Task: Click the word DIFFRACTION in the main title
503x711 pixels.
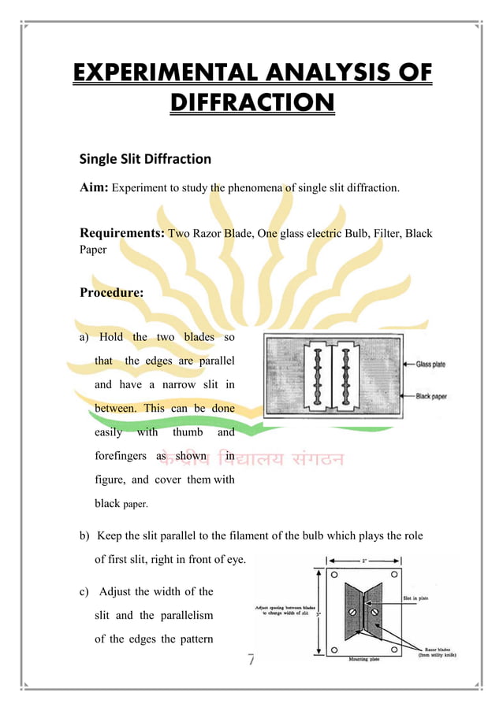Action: [x=251, y=103]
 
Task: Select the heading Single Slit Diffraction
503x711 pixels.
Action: [x=145, y=159]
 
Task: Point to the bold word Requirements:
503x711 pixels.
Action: [x=122, y=233]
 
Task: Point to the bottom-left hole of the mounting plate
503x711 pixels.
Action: [x=335, y=650]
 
